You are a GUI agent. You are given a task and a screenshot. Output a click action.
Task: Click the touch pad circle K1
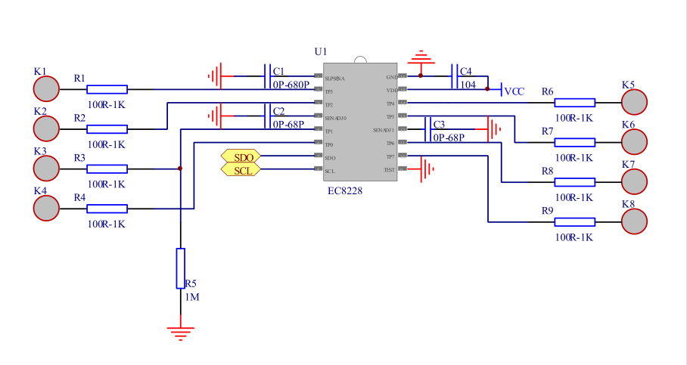coord(46,89)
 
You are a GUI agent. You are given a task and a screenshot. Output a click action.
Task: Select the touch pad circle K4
coord(46,209)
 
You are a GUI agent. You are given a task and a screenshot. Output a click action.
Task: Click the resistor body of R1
coord(107,89)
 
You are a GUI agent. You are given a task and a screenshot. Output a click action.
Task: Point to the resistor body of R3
coord(107,169)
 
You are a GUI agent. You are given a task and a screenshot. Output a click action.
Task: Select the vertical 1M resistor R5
coord(180,268)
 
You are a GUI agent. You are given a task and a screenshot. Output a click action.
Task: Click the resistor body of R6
coord(574,102)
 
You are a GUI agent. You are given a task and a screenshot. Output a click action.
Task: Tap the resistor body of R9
coord(574,221)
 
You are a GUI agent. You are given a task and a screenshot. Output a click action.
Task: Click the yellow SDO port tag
coord(241,156)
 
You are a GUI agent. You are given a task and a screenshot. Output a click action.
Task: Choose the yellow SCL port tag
coord(241,170)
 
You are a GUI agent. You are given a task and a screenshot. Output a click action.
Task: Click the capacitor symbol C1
coord(268,76)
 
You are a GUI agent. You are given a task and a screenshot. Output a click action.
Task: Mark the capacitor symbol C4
coord(455,76)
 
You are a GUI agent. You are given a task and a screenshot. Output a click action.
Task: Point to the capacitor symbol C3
coord(427,129)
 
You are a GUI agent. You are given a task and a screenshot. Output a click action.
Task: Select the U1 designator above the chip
coord(321,51)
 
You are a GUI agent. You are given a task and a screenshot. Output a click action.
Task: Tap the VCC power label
coord(514,91)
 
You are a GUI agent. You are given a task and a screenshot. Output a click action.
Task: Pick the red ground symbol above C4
coord(420,57)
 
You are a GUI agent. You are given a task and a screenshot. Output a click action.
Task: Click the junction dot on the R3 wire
coord(180,169)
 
